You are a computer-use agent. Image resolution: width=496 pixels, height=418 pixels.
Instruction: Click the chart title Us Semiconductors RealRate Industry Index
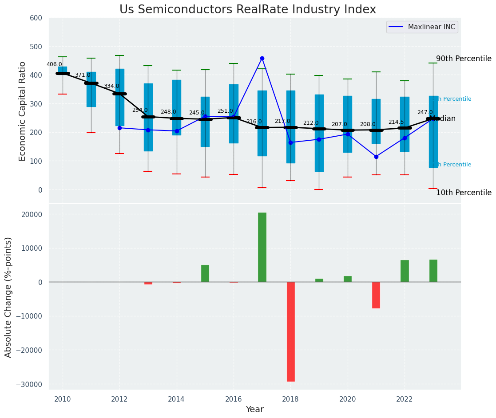[x=247, y=10]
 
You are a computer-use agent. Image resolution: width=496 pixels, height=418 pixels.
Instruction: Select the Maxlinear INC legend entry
[x=422, y=27]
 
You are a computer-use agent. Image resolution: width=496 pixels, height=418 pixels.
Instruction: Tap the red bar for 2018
[x=290, y=331]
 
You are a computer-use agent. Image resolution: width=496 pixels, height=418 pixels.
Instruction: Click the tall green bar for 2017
[x=262, y=247]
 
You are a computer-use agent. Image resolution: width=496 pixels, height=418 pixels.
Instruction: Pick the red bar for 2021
[x=376, y=295]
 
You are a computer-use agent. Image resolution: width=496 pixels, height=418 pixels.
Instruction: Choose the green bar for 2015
[x=205, y=273]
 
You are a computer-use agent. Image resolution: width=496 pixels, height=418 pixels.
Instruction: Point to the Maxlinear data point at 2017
[x=262, y=58]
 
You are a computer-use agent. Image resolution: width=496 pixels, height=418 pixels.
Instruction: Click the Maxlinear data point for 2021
[x=376, y=157]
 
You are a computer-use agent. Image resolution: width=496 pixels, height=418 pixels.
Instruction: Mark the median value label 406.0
[x=54, y=64]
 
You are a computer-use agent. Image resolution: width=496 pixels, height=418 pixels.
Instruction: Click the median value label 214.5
[x=396, y=122]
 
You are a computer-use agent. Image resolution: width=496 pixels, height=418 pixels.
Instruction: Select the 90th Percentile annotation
[x=464, y=59]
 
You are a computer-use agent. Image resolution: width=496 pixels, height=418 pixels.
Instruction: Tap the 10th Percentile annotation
[x=464, y=193]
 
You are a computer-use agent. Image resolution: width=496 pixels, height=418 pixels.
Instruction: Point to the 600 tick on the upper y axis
[x=36, y=18]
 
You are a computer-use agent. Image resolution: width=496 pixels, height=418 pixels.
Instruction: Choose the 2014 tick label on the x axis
[x=177, y=399]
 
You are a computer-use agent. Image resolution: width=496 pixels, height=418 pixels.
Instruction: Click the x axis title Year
[x=255, y=410]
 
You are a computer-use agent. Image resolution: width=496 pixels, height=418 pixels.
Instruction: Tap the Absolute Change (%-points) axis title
[x=8, y=297]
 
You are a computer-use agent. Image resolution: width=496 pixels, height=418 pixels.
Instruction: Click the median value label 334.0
[x=111, y=86]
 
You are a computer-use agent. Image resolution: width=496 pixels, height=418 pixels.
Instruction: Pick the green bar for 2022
[x=405, y=271]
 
